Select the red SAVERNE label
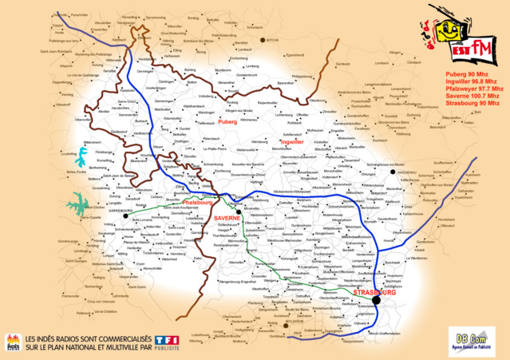227,217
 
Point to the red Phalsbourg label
196,204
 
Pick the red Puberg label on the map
227,122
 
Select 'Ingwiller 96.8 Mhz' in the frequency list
472,81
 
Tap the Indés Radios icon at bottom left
13,342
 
